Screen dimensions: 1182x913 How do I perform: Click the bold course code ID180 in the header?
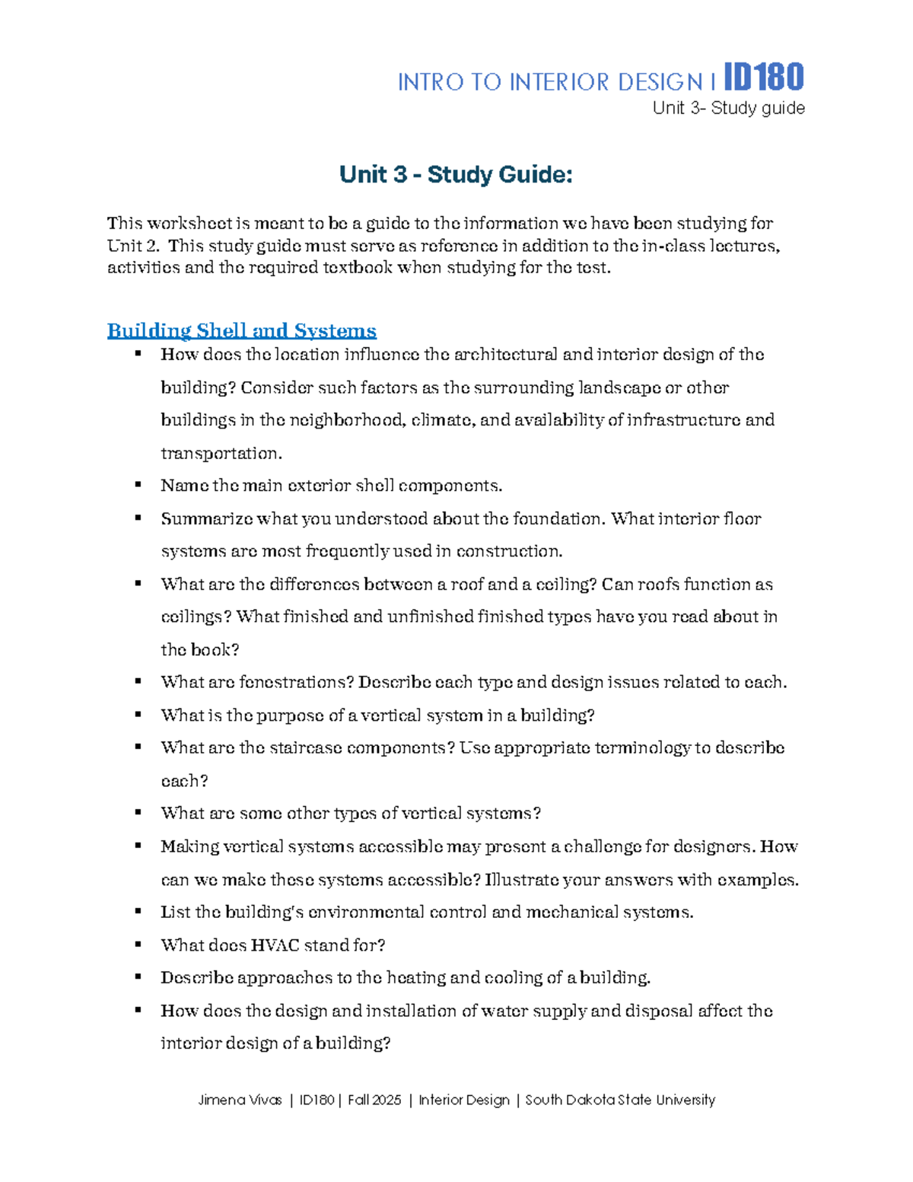[763, 78]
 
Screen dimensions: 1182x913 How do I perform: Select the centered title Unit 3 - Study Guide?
[456, 174]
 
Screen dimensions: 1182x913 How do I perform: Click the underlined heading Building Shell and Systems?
[241, 330]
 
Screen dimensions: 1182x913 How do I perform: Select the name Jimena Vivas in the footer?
[240, 1100]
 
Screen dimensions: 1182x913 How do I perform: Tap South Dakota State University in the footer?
[620, 1100]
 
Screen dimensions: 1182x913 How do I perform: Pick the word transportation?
[221, 454]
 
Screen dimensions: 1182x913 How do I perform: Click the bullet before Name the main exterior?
[138, 484]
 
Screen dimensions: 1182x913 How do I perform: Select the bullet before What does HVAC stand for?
[138, 944]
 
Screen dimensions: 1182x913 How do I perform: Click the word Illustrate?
[522, 880]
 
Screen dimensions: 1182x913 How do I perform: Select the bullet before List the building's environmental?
[138, 911]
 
